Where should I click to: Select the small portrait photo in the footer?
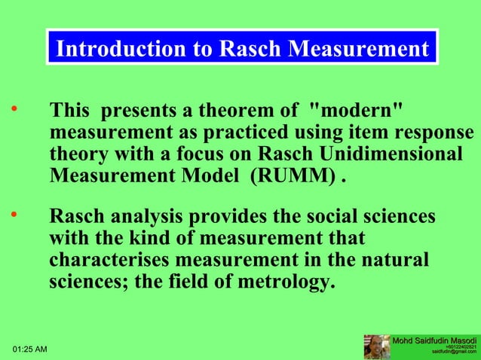pyautogui.click(x=376, y=347)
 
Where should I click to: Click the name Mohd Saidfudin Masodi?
pyautogui.click(x=434, y=341)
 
